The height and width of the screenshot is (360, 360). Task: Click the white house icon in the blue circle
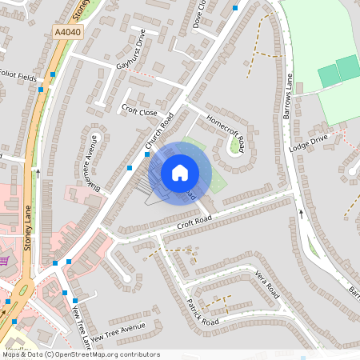(x=180, y=172)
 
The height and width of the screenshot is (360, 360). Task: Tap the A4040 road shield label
(x=68, y=30)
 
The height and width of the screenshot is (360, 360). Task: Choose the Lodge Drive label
(x=309, y=142)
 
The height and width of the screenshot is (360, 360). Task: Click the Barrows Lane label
(x=287, y=96)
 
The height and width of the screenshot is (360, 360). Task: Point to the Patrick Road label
(x=202, y=312)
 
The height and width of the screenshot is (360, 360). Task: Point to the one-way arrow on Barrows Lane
(x=302, y=214)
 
